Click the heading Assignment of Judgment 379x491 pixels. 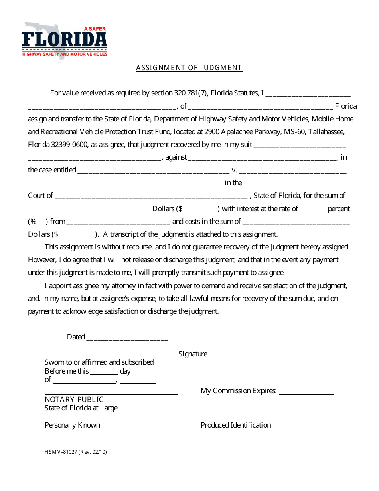pos(189,68)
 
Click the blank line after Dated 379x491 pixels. pos(127,339)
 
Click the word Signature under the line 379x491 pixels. pos(193,354)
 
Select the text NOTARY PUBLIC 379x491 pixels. pos(74,399)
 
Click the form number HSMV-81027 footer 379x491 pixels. pos(76,452)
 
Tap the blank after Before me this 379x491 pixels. pos(104,373)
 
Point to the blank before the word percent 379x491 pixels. pos(313,210)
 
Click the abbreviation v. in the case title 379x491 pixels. pos(234,170)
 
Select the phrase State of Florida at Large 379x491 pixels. pos(81,408)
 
